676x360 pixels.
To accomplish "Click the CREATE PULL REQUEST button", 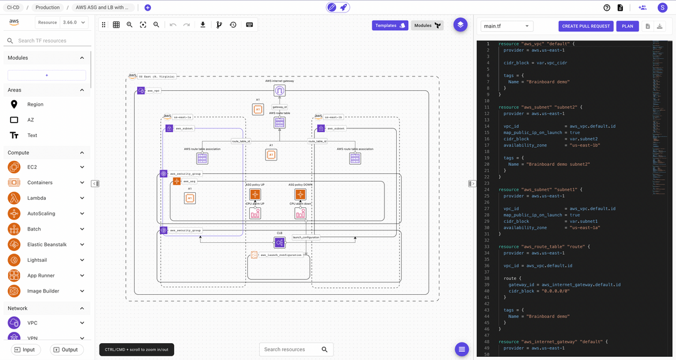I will [x=586, y=26].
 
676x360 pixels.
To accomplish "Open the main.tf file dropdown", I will [x=507, y=26].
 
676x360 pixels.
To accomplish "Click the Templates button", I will [x=390, y=26].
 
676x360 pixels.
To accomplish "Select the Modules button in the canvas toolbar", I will [x=428, y=26].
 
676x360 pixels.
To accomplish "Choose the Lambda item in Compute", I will [x=36, y=198].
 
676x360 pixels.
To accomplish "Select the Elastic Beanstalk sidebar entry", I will [x=47, y=244].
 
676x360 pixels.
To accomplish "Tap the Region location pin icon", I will [x=14, y=105].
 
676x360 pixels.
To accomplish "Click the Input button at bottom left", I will [x=24, y=349].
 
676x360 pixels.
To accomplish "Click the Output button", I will [x=65, y=349].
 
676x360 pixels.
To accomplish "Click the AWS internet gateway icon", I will [x=280, y=91].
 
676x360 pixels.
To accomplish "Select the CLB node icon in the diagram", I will [x=280, y=242].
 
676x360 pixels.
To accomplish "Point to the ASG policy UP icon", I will [x=255, y=195].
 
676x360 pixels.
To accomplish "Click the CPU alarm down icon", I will [x=300, y=213].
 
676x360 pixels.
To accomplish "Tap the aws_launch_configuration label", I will [x=280, y=255].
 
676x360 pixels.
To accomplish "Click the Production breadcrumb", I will [x=48, y=8].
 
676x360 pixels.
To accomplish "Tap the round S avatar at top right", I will [x=662, y=8].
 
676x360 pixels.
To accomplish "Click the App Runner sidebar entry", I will [x=41, y=275].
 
